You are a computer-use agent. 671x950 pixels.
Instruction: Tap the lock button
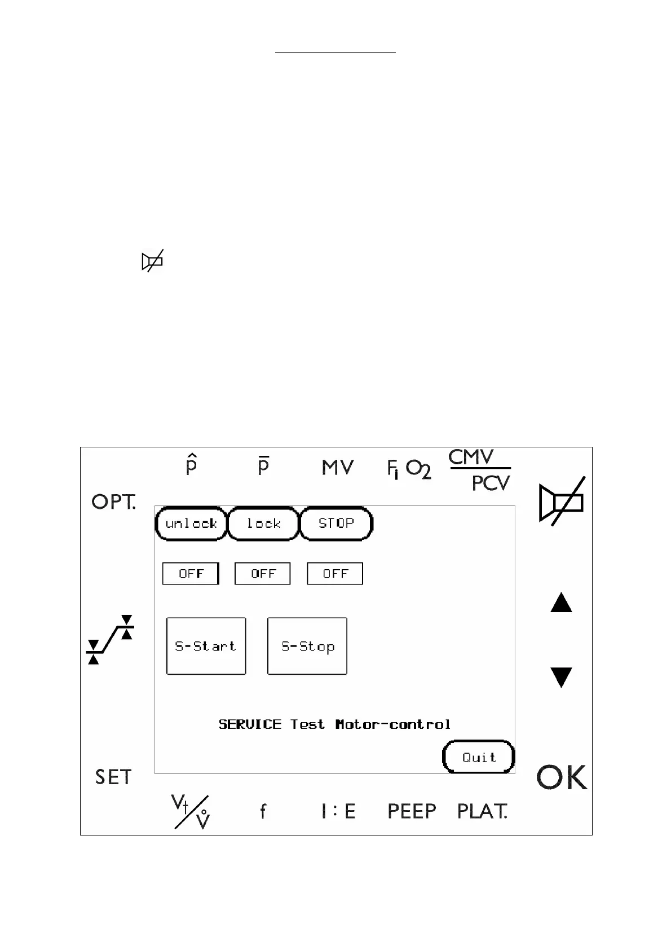pos(263,524)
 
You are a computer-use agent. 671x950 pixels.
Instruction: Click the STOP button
pos(336,524)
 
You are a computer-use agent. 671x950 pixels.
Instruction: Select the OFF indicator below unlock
pos(191,574)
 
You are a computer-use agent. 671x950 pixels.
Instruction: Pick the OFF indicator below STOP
pos(335,574)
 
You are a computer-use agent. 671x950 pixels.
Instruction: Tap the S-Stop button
pos(307,646)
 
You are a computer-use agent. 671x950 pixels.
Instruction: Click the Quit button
pos(479,757)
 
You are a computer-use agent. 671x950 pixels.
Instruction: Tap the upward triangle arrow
pos(561,602)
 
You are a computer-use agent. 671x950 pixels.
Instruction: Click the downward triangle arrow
pos(561,677)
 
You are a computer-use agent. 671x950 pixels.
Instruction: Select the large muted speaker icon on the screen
pos(562,502)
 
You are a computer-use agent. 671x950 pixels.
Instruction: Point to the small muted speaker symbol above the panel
pos(152,261)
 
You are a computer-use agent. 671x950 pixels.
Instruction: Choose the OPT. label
pos(113,502)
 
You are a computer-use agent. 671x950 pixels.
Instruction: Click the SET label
pos(113,777)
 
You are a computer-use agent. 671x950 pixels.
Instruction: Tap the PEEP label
pos(412,811)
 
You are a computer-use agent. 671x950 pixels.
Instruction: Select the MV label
pos(338,468)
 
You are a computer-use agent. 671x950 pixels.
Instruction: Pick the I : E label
pos(338,811)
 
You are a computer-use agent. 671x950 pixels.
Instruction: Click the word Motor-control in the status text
pos(393,724)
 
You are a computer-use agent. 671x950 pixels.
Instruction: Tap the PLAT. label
pos(482,811)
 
